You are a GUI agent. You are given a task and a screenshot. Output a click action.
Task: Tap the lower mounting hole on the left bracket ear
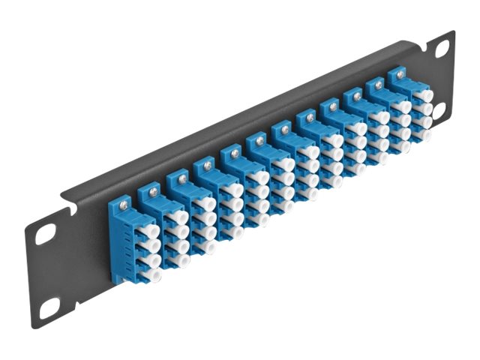[x=49, y=307]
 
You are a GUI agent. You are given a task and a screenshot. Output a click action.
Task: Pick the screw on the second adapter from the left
[x=154, y=190]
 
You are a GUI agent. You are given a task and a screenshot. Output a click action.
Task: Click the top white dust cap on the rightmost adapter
[x=425, y=95]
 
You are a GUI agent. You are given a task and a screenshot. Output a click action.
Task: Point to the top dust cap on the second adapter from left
[x=179, y=217]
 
